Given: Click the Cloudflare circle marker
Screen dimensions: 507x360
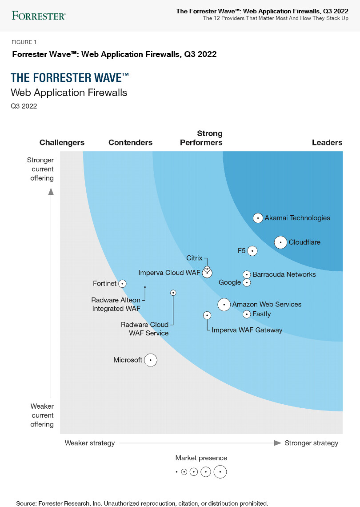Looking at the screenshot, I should pos(280,242).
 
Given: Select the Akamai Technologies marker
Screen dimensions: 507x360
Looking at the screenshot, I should pos(258,218).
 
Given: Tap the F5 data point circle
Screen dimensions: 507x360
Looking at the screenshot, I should pos(252,251).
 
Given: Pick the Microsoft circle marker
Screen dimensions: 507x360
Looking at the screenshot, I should pos(151,360).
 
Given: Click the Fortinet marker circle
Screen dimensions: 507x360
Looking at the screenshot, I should pos(122,283).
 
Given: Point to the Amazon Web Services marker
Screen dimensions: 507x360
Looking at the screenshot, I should pos(224,305).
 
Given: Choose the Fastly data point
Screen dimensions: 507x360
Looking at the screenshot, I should pos(247,314).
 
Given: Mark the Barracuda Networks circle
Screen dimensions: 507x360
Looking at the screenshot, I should pos(247,275).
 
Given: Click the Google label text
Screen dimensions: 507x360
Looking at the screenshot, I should pos(230,282).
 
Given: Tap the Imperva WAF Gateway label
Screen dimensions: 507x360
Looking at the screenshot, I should pos(247,330).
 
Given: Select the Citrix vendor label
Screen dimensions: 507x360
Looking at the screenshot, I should pos(194,258).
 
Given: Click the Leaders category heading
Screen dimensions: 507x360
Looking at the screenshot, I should pos(327,143).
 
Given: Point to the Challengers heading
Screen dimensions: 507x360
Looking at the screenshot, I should pos(62,143).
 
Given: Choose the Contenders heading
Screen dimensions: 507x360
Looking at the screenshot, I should pos(130,143).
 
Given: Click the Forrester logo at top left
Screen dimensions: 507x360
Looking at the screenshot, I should pos(39,16).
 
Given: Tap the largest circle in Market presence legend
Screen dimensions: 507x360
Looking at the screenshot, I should pos(220,472).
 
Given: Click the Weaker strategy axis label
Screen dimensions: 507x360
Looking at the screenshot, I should pos(90,443).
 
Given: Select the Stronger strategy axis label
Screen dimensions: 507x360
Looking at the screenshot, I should pos(311,443).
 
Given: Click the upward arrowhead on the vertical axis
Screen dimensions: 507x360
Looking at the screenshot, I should pos(51,191).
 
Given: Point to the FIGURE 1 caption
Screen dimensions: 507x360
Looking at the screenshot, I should pos(24,42).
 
